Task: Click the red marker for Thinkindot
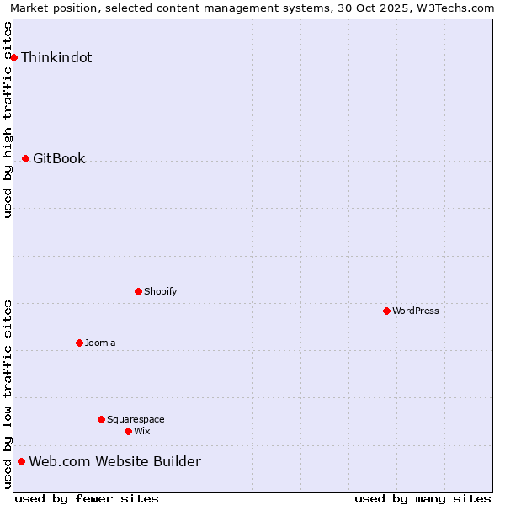(x=14, y=57)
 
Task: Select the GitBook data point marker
(x=25, y=158)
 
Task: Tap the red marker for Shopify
(x=138, y=291)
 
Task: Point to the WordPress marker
(x=386, y=311)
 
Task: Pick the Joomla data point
(x=79, y=343)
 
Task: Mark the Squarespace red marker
(x=101, y=419)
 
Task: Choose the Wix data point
(x=128, y=431)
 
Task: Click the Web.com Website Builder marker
(x=21, y=461)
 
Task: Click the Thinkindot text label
(x=56, y=57)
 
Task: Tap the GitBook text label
(x=59, y=158)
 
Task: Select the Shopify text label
(x=160, y=291)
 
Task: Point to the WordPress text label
(x=416, y=311)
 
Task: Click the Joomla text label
(x=100, y=343)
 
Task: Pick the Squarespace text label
(x=136, y=419)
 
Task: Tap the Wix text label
(x=141, y=431)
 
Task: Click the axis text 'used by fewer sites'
(x=87, y=498)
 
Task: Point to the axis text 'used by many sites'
(x=423, y=498)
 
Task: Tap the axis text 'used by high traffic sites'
(x=8, y=120)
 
